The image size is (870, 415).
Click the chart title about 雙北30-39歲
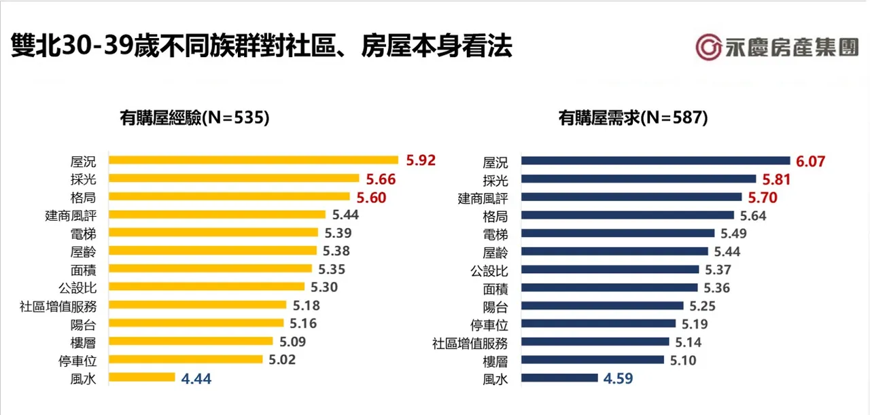(x=262, y=47)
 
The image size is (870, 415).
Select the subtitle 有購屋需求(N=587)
(x=633, y=118)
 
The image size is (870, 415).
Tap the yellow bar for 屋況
(x=254, y=160)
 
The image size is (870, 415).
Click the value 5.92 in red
(x=420, y=160)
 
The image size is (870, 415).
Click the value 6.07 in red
(x=811, y=161)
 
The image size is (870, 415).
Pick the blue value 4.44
(x=196, y=378)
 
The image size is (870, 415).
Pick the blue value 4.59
(x=618, y=378)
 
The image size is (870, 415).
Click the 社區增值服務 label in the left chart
(x=58, y=306)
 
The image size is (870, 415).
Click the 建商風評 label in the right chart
(x=483, y=198)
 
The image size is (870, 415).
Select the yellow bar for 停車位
(x=186, y=359)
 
